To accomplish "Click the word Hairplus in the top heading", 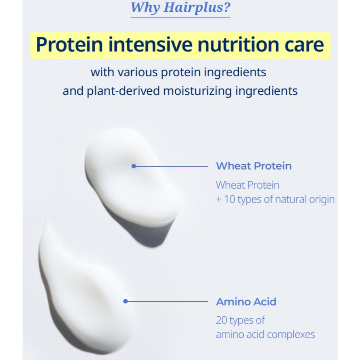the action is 197,8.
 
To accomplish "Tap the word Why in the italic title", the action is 145,8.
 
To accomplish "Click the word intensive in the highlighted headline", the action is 150,44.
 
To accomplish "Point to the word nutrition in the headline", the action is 238,44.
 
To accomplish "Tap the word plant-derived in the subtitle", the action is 123,91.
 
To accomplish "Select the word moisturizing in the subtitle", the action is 198,91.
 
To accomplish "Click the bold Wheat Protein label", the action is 254,166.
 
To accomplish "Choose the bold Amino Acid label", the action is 246,302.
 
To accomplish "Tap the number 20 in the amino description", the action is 221,320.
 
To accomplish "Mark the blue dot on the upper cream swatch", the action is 133,166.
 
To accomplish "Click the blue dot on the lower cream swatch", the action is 125,301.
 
